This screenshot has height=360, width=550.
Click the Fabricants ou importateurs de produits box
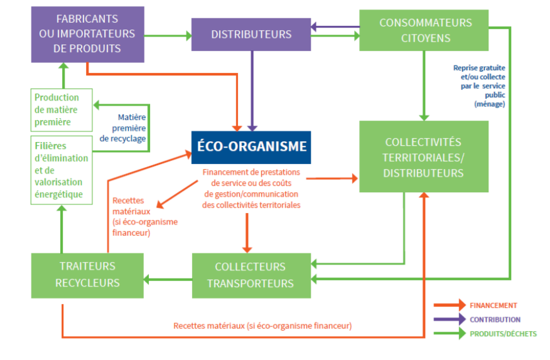click(x=87, y=34)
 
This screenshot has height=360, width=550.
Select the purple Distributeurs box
click(x=251, y=34)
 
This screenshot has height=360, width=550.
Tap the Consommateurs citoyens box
click(x=425, y=30)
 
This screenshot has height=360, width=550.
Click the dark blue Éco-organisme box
click(x=251, y=147)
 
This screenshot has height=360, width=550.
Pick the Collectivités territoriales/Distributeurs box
click(x=424, y=156)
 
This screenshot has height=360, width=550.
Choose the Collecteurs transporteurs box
click(x=251, y=275)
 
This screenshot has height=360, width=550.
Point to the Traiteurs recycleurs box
click(x=87, y=275)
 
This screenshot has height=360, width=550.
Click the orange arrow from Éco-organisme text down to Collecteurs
click(x=247, y=232)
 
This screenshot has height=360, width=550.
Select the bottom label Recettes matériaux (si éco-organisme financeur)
click(x=262, y=326)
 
